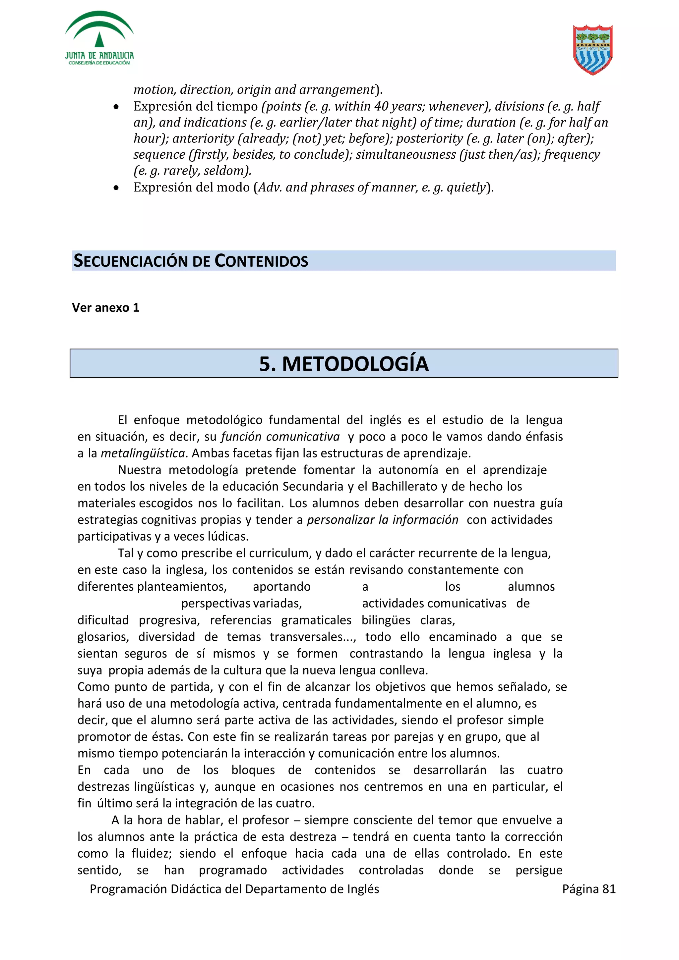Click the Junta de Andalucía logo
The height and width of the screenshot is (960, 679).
(99, 38)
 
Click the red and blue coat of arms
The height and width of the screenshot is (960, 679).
(592, 50)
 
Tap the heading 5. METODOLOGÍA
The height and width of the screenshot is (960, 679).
(343, 363)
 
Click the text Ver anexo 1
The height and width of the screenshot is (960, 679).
(105, 308)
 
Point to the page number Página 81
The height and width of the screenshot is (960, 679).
(588, 889)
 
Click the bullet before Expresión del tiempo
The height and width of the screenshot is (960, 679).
(116, 107)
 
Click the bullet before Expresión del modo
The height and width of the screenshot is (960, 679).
(116, 188)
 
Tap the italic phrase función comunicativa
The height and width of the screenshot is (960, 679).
(280, 437)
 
